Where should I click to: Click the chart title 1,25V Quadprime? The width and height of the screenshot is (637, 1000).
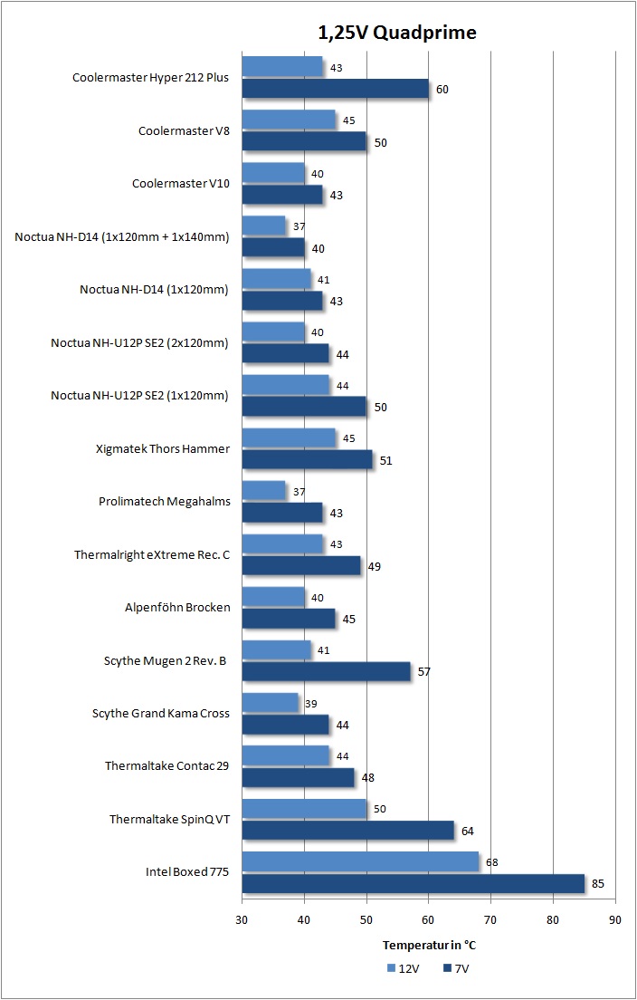[x=397, y=33]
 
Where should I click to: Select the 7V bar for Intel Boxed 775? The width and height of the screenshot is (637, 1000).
[x=414, y=883]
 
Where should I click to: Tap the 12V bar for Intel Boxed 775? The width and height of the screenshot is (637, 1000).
[x=360, y=861]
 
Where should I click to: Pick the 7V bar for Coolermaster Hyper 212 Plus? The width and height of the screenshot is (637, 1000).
[x=336, y=89]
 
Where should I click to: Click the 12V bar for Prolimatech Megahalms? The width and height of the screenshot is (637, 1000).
[x=264, y=491]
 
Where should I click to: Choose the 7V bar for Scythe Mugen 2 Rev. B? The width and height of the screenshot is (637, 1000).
[x=327, y=671]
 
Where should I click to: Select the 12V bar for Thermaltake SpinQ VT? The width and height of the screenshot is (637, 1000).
[x=305, y=809]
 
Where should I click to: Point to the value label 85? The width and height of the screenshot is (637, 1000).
[x=597, y=884]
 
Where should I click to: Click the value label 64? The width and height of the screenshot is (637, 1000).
[x=468, y=831]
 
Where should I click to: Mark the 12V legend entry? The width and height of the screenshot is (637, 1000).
[x=402, y=968]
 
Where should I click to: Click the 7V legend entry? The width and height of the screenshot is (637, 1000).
[x=457, y=968]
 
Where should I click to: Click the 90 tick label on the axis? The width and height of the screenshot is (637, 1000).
[x=615, y=919]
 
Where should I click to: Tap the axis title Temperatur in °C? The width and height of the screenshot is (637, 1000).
[x=429, y=945]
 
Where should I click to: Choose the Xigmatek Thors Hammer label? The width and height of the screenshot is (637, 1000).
[x=163, y=449]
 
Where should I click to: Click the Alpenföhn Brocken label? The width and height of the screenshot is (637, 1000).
[x=177, y=608]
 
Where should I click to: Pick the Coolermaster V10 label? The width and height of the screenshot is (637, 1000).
[x=181, y=184]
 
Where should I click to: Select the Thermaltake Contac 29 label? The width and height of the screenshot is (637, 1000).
[x=166, y=766]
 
